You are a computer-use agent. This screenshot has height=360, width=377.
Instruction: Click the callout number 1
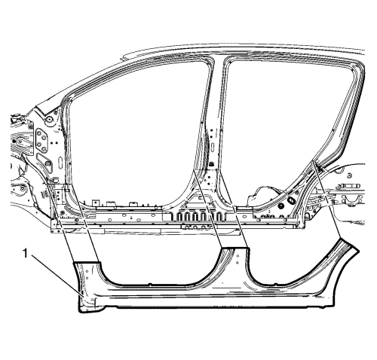[25, 254]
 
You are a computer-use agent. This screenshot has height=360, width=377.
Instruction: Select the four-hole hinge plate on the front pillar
[41, 141]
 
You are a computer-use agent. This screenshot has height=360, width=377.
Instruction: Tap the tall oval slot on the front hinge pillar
[60, 164]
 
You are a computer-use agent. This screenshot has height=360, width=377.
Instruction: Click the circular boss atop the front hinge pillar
[50, 119]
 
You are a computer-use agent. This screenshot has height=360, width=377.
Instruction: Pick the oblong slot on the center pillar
[213, 147]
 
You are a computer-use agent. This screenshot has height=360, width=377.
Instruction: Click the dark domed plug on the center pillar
[211, 164]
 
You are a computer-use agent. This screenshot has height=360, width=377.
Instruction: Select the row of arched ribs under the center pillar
[199, 216]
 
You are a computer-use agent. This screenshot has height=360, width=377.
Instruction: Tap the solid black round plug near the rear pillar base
[280, 206]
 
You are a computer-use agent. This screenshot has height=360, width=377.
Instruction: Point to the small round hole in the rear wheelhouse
[349, 175]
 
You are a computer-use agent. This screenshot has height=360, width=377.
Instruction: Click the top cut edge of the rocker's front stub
[87, 262]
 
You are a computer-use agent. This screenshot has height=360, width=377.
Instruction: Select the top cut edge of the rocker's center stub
[235, 248]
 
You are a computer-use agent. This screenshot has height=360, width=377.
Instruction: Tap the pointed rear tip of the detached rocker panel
[358, 250]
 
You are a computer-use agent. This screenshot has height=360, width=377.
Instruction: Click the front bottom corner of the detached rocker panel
[80, 312]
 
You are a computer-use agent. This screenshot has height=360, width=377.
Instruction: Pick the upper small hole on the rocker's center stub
[238, 256]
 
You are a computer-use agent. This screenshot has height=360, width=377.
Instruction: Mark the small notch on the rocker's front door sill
[150, 285]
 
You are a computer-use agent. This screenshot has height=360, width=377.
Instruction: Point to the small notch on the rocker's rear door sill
[276, 284]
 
